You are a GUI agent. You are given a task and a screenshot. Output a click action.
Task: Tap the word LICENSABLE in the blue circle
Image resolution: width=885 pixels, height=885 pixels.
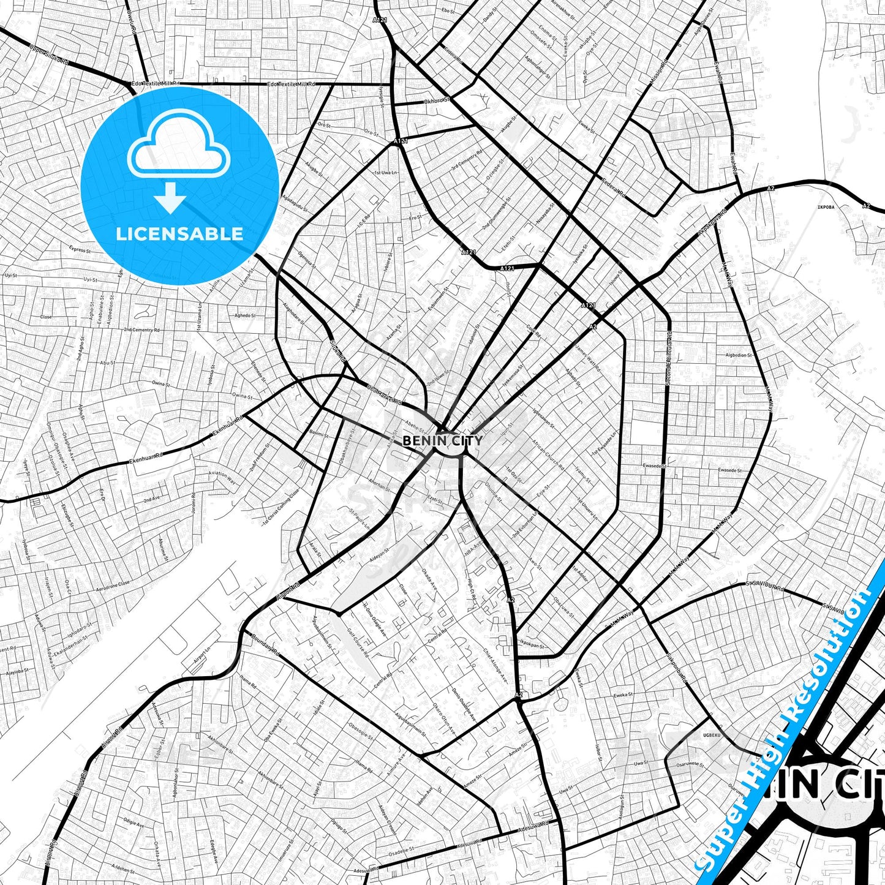click(179, 233)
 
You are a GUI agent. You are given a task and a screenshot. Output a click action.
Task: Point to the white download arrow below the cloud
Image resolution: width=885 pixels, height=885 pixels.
click(170, 197)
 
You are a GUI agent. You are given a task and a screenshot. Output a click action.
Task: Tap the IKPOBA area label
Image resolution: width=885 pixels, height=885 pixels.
click(826, 207)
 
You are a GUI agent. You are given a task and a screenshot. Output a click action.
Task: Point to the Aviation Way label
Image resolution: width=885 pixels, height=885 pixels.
click(222, 477)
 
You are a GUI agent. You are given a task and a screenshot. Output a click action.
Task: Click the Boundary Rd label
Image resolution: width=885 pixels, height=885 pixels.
click(265, 645)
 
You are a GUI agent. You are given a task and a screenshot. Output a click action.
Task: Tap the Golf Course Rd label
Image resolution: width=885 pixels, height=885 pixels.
click(357, 642)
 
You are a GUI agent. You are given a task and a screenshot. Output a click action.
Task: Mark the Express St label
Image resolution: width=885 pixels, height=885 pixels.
click(80, 250)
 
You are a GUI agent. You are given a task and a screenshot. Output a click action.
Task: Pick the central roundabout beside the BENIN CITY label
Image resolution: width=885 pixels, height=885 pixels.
click(450, 446)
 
